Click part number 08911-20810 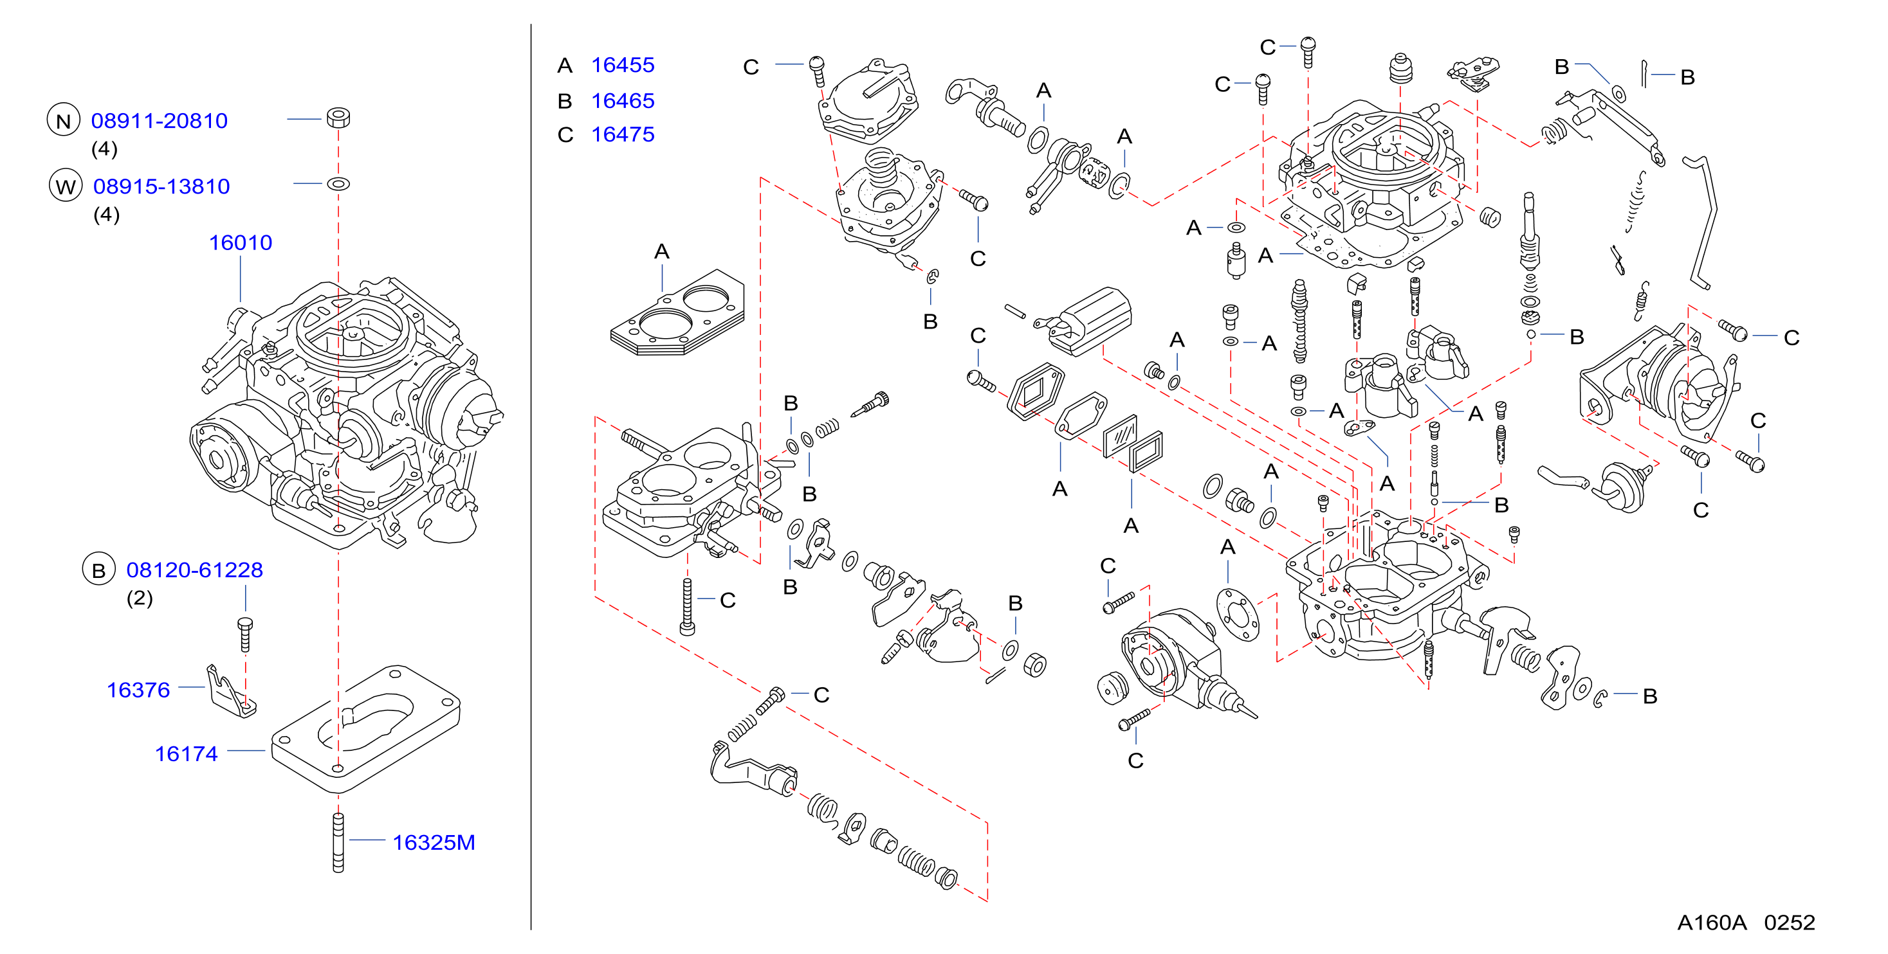point(159,120)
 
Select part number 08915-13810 point(161,186)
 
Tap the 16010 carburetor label point(241,242)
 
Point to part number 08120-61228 point(194,570)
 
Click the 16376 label point(138,690)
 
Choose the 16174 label point(186,753)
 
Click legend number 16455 point(623,64)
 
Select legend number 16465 point(623,100)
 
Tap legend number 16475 point(623,134)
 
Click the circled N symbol point(64,120)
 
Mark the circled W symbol point(65,186)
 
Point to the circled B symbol point(99,570)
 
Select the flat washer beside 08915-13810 point(338,183)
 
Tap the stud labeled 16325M point(338,843)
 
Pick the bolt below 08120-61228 point(246,634)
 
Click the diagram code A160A point(1712,923)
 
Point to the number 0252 point(1789,923)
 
